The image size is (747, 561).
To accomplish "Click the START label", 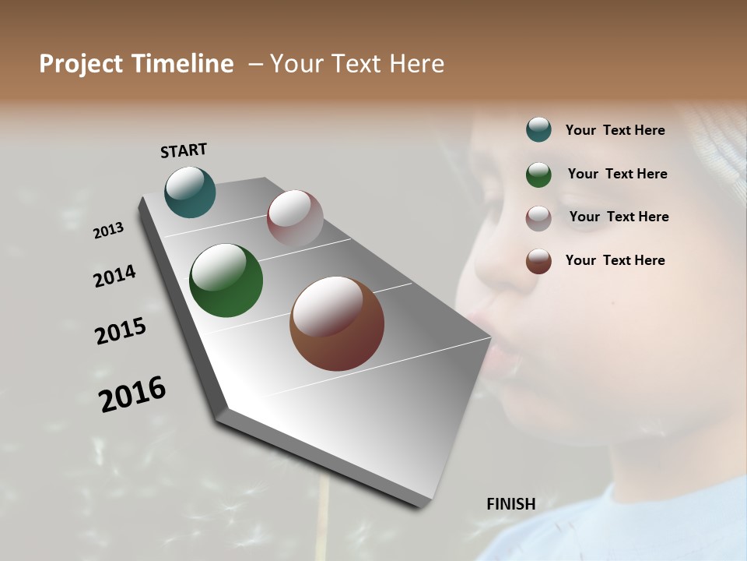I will point(184,150).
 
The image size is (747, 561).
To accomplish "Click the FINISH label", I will point(511,504).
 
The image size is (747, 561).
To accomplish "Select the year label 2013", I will point(108,231).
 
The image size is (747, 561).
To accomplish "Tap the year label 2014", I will point(114,276).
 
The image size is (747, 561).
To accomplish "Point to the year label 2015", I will point(121,331).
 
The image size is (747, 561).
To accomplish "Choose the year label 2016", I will point(132,394).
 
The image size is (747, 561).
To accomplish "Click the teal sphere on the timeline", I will point(191,192).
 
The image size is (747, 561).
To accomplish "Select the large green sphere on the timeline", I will point(226,280).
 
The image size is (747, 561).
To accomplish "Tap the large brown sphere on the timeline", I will point(337,323).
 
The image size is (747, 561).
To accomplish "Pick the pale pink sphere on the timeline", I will point(295,218).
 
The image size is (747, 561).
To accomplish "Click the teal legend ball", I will point(538,129).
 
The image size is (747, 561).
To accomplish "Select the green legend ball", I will point(538,175).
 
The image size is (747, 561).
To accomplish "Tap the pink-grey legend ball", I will point(538,218).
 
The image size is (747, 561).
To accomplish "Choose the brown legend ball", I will point(538,261).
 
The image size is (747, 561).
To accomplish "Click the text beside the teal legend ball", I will point(615,130).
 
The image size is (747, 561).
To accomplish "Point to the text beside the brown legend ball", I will point(615,260).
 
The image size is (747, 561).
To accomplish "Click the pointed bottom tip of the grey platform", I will point(421,505).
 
